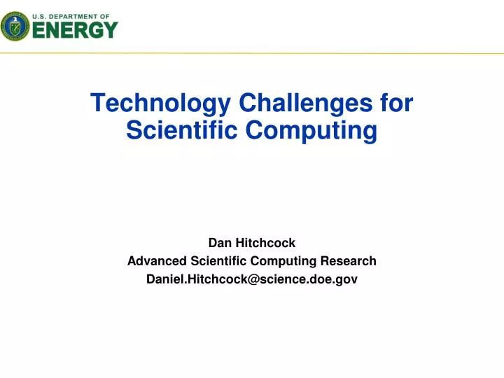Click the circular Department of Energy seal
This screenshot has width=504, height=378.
coord(15,26)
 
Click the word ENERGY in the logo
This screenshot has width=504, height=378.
coord(76,30)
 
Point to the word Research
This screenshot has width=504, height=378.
coord(349,261)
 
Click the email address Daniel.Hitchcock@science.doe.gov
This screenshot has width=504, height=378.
coord(252,279)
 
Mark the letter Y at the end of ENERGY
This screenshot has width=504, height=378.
coord(109,30)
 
